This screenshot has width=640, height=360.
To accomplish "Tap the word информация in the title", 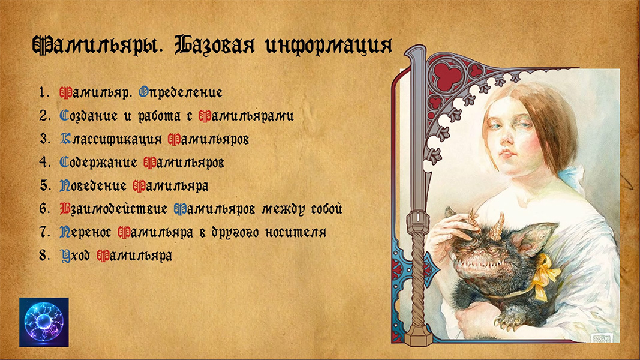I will (x=327, y=46).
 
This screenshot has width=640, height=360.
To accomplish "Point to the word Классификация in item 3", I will (x=112, y=139).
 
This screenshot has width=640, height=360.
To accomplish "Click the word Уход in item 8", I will (x=75, y=256).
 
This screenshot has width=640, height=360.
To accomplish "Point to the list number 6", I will (x=43, y=209).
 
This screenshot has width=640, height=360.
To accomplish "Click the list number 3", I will (x=43, y=139).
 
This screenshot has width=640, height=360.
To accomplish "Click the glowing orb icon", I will (x=44, y=322).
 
